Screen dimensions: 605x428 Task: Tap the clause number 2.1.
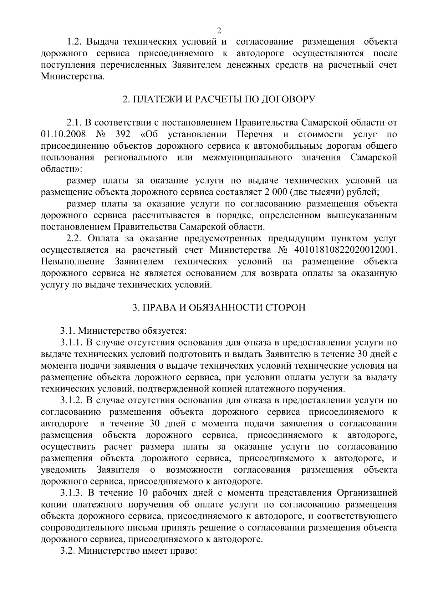(x=75, y=123)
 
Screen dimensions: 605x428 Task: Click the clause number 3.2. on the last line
(x=68, y=551)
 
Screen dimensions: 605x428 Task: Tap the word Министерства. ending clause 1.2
(x=73, y=76)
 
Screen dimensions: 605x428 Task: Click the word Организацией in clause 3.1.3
(x=367, y=493)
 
